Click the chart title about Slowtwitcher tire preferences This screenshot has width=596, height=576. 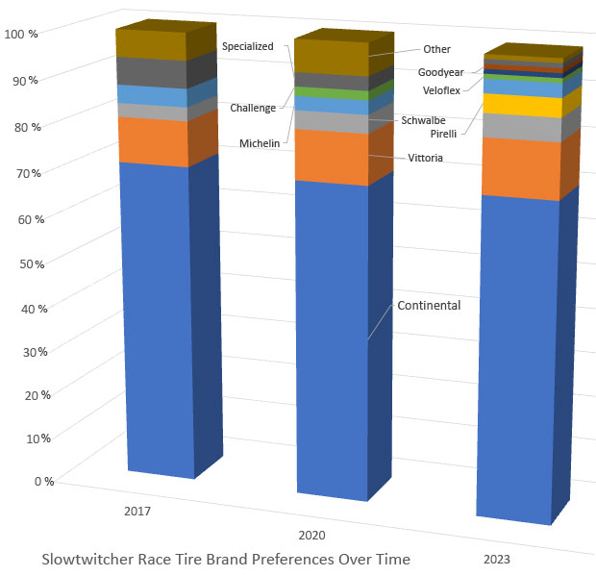(x=226, y=559)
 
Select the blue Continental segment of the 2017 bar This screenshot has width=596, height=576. (x=154, y=317)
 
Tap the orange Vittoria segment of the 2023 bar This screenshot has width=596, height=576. (x=518, y=168)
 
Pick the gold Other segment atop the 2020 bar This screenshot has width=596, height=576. (x=331, y=56)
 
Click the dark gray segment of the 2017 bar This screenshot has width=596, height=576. (x=150, y=72)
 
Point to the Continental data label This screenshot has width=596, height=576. (x=429, y=306)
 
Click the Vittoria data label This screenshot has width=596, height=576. (x=425, y=158)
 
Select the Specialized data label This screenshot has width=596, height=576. (x=248, y=46)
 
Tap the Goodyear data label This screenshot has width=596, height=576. (x=441, y=72)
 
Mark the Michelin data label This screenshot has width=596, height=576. (x=260, y=143)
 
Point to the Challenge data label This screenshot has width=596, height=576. (x=253, y=108)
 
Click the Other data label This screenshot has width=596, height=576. (x=437, y=49)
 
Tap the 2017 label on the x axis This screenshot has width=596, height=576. (x=137, y=511)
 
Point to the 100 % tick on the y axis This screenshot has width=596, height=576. (x=21, y=34)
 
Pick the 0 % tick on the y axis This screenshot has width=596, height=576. (x=44, y=481)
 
